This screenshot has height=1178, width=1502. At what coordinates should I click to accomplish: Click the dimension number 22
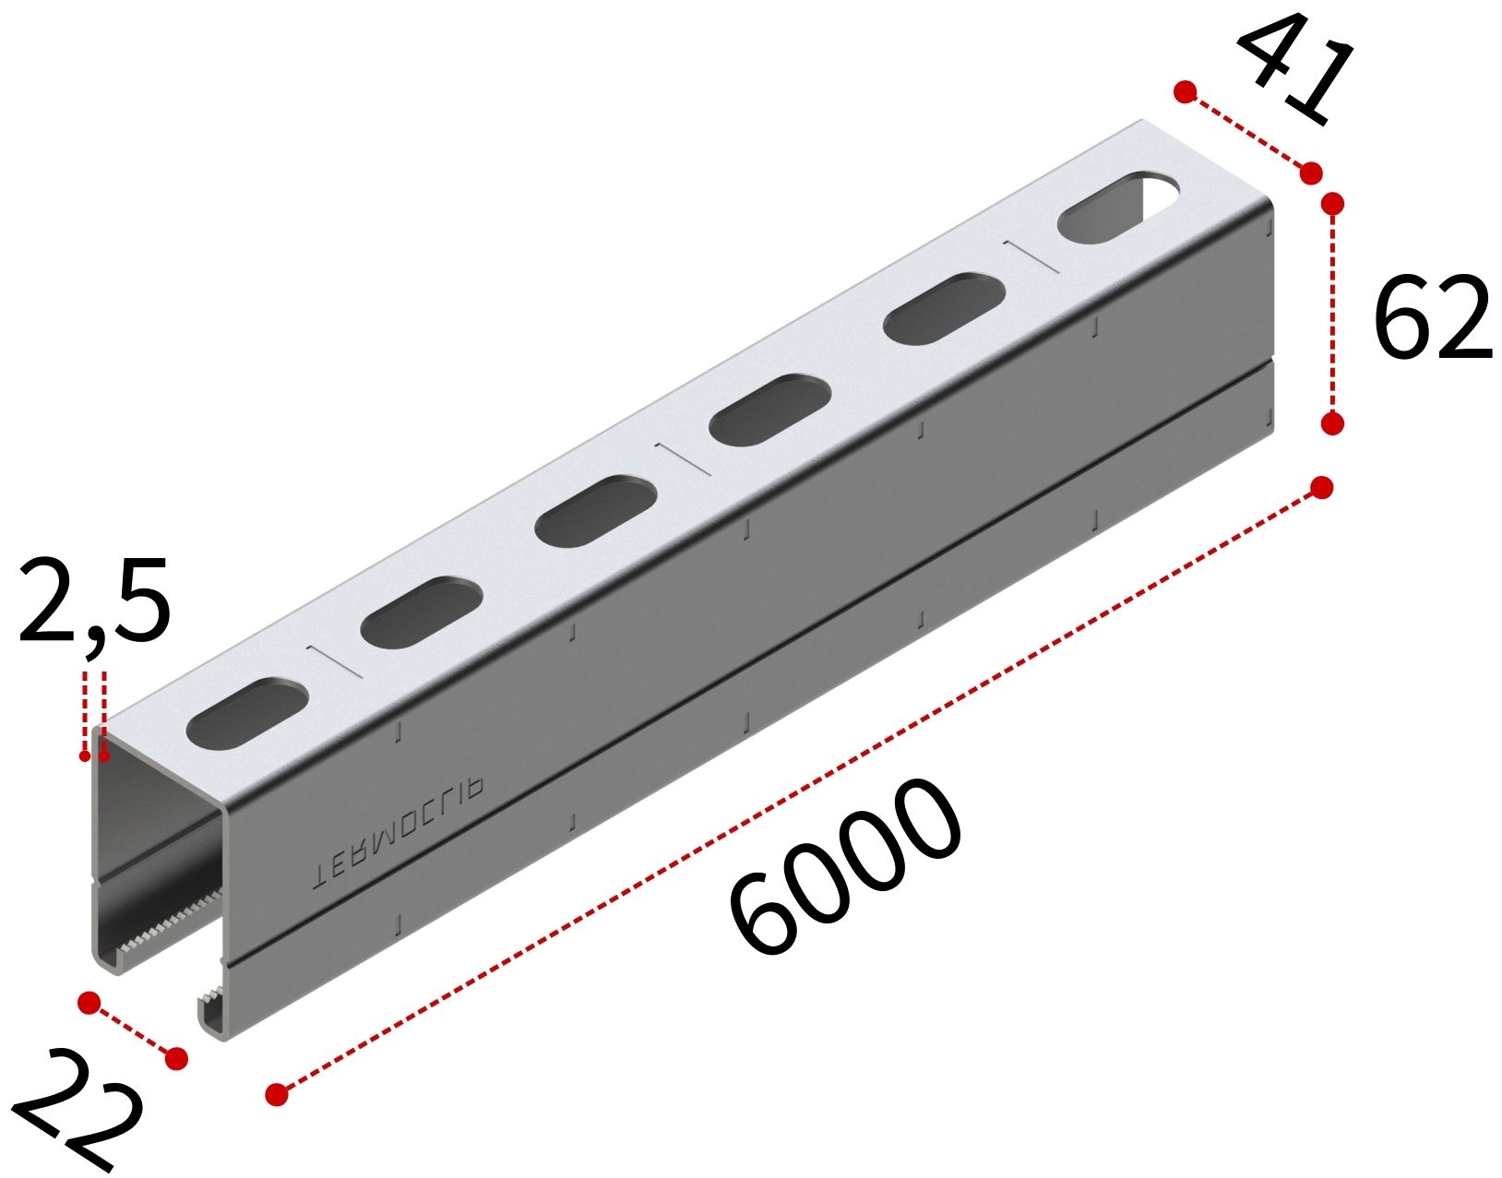click(75, 1112)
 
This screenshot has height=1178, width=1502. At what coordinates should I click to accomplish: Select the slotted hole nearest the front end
click(246, 714)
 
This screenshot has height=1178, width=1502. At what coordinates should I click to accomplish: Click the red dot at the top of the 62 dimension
click(1332, 204)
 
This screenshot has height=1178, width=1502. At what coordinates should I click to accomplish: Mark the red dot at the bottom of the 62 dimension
click(1332, 422)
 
